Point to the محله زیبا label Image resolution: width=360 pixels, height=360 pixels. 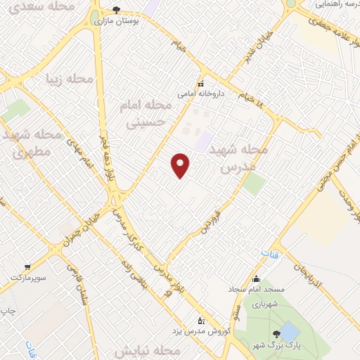click(x=69, y=78)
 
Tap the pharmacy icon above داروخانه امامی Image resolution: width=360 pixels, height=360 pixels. click(x=200, y=83)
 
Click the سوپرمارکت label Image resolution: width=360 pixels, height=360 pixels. click(x=27, y=278)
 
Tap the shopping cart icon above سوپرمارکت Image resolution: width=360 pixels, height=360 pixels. click(x=27, y=267)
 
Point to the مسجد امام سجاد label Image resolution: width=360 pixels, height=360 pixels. click(x=255, y=289)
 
